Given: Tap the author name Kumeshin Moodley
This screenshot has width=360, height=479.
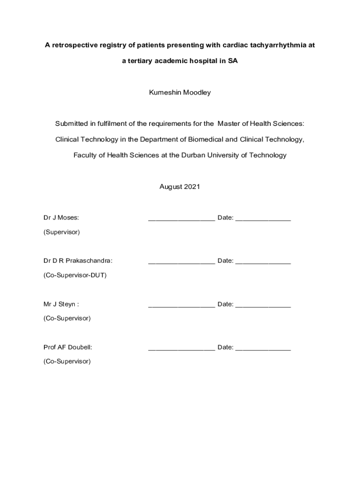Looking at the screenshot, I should pos(180,93).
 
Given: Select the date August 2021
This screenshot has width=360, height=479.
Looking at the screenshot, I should pos(180,187).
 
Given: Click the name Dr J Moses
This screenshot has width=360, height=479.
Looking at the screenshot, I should pos(61,218).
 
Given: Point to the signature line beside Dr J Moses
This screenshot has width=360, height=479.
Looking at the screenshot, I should pos(181,219).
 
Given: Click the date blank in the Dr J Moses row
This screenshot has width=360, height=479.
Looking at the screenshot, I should pos(263,219).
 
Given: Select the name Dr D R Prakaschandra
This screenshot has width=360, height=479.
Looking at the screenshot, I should pos(78,261).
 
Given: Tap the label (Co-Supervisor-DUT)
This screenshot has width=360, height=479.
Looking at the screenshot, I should pos(75,275).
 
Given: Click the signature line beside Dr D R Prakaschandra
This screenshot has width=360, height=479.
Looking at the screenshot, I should pos(181,262).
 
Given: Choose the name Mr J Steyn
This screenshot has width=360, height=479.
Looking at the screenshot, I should pos(61,304).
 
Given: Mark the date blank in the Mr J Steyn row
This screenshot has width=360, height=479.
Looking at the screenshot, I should pos(263,305).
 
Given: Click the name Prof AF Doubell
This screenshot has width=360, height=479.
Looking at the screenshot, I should pos(68,347).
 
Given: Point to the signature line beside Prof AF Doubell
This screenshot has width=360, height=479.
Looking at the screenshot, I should pos(181,348).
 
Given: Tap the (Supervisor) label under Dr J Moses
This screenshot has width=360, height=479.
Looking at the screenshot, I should pos(61,232).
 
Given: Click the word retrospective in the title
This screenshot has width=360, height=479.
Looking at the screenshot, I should pos(74,45).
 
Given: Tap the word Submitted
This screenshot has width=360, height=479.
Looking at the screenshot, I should pos(72,123).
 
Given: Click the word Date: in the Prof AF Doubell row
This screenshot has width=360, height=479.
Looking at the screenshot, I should pos(225,347).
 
